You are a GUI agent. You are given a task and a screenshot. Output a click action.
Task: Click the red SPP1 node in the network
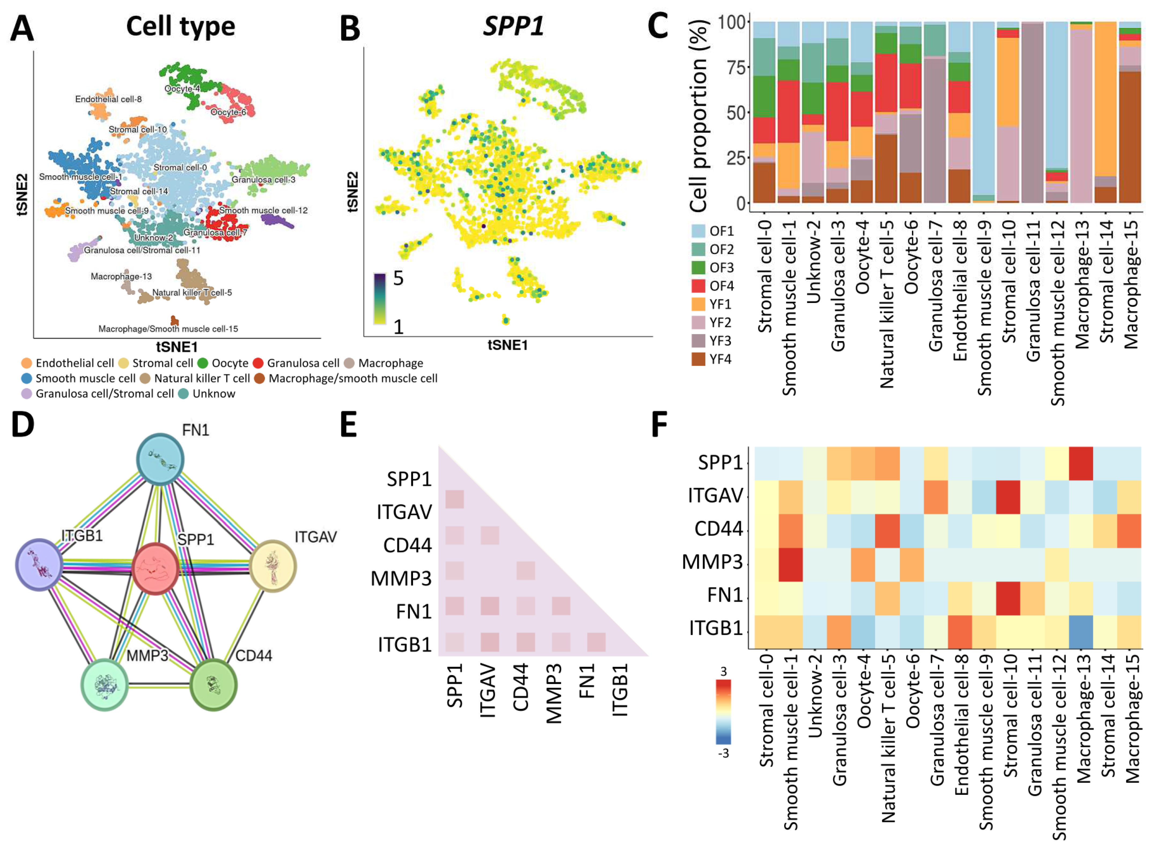155,569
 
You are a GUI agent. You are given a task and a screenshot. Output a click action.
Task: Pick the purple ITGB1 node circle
39,565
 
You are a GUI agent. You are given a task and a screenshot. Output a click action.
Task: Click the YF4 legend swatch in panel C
698,359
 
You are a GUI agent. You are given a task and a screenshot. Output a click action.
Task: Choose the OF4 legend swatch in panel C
698,286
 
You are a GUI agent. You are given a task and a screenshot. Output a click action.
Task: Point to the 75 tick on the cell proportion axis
736,67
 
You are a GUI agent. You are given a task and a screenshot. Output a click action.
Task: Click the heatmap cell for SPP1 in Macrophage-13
1081,463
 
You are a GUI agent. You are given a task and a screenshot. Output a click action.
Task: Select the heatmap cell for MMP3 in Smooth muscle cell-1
790,564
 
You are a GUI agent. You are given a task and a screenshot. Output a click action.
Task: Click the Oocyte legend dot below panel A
202,363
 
